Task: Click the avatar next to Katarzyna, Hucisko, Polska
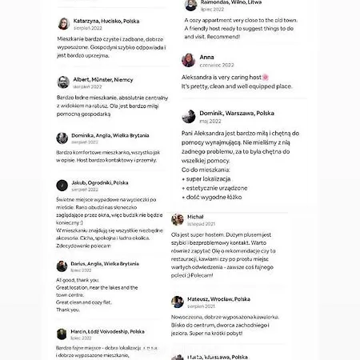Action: click(x=63, y=24)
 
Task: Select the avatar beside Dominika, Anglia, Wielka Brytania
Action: click(x=63, y=138)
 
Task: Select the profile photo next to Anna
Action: click(x=189, y=60)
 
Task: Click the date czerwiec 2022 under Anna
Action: click(x=217, y=65)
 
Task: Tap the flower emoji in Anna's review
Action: click(x=266, y=77)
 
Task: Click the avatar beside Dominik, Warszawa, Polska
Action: click(x=189, y=116)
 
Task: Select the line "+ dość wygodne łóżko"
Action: click(x=212, y=197)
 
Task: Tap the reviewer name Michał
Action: click(x=196, y=217)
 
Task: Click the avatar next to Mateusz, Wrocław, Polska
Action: click(x=178, y=302)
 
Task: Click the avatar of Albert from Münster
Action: click(x=63, y=82)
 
